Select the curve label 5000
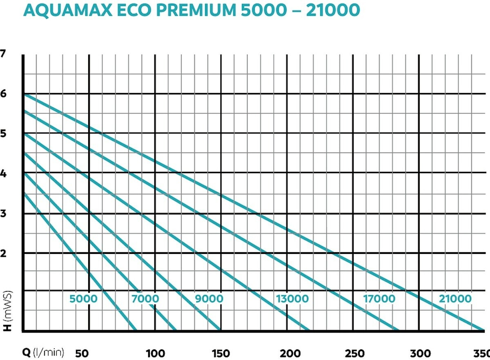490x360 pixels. pyautogui.click(x=83, y=299)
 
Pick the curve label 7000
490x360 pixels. pyautogui.click(x=145, y=299)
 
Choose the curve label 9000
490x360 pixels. pyautogui.click(x=209, y=299)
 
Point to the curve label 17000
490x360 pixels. pyautogui.click(x=379, y=299)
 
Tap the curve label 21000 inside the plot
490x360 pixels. pyautogui.click(x=455, y=299)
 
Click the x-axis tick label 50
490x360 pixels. pyautogui.click(x=82, y=353)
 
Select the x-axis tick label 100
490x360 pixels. pyautogui.click(x=155, y=353)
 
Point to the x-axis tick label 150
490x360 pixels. pyautogui.click(x=220, y=353)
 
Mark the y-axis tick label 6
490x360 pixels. pyautogui.click(x=3, y=94)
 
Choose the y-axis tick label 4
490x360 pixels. pyautogui.click(x=3, y=173)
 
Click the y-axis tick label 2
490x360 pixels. pyautogui.click(x=3, y=253)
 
